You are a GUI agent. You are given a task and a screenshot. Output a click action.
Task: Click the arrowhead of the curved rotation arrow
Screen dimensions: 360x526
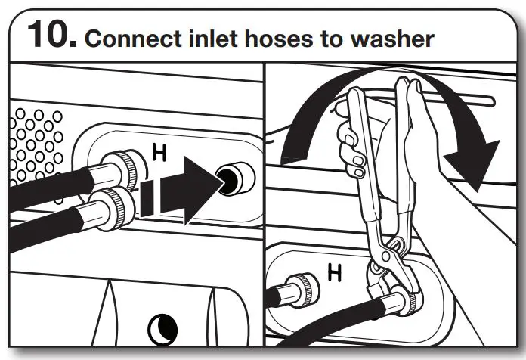click(x=472, y=163)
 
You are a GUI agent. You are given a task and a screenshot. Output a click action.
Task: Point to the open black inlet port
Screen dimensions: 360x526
click(x=230, y=176)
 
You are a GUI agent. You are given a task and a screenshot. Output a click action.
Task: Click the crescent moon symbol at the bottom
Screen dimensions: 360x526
click(x=163, y=327)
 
